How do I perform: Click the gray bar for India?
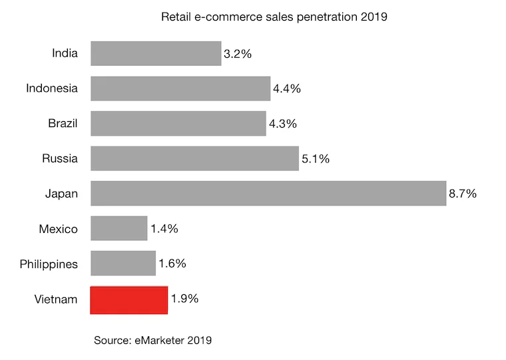[x=156, y=53]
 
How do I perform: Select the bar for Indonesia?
[x=180, y=88]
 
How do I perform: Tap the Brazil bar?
[x=178, y=123]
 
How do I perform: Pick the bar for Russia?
[x=194, y=158]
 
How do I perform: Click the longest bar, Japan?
[x=268, y=194]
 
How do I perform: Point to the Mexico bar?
[x=119, y=228]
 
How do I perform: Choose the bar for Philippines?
[x=123, y=264]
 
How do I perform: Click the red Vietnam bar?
[x=129, y=299]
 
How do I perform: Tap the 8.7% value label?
[x=463, y=194]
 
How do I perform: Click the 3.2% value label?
[x=238, y=54]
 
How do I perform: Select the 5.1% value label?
[x=316, y=159]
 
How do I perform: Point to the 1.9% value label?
[x=184, y=299]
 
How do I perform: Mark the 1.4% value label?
[x=164, y=229]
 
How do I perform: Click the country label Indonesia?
[x=52, y=88]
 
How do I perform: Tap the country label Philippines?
[x=49, y=264]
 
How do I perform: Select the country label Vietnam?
[x=56, y=299]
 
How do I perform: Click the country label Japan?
[x=62, y=194]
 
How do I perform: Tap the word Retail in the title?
[x=175, y=17]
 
